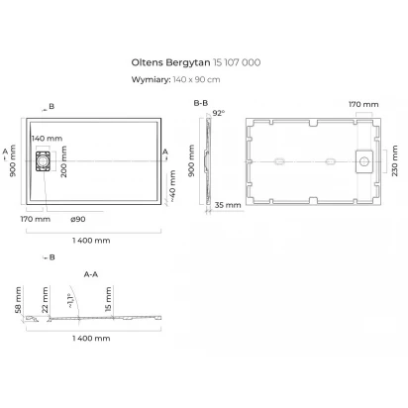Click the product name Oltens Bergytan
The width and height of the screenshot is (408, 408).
170,62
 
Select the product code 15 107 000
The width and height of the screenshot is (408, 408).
237,62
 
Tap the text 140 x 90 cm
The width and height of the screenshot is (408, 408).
196,79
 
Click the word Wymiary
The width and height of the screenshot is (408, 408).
151,80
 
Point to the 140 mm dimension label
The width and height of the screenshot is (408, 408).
47,139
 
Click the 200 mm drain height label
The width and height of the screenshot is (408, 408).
63,161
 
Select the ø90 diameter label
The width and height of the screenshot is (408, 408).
78,219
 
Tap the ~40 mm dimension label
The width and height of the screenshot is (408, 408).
172,186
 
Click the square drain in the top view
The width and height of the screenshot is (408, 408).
43,161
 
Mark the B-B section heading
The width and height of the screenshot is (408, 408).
201,103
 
